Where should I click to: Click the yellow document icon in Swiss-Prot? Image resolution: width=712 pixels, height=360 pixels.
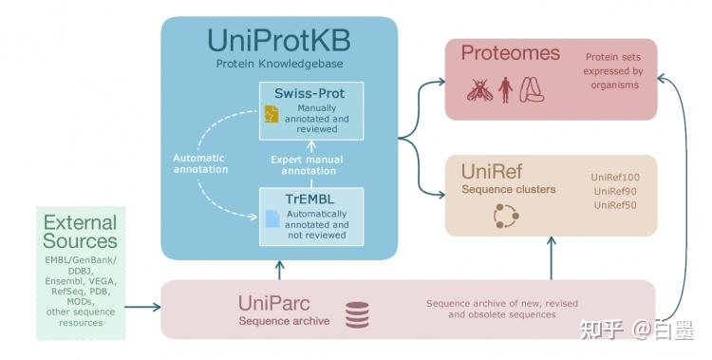click(272, 115)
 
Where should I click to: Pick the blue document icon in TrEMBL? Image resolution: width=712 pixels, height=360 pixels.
click(272, 219)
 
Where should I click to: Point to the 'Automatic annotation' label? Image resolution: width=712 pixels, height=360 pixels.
click(201, 163)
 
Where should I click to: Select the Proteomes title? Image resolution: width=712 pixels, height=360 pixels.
click(511, 53)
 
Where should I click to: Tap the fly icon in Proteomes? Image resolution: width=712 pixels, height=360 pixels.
click(479, 89)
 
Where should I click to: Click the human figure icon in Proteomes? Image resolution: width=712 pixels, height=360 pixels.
click(505, 90)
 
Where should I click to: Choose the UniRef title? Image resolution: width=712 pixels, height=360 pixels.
click(493, 172)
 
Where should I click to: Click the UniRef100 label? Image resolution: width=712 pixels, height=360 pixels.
click(615, 178)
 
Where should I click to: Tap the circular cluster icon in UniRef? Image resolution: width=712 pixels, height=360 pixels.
click(506, 216)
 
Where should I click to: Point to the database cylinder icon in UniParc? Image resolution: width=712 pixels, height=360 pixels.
click(357, 315)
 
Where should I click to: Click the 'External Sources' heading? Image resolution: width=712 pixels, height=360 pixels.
click(80, 232)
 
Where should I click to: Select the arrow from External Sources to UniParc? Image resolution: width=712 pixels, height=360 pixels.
click(142, 307)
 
